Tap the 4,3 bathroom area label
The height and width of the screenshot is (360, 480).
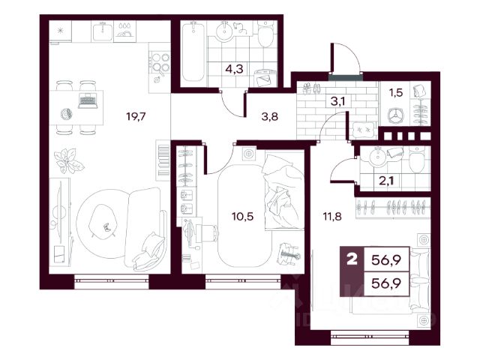point(234,69)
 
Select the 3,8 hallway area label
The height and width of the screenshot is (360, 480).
point(270,116)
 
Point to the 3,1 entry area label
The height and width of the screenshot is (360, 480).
point(337,100)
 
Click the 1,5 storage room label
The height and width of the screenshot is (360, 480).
point(395,92)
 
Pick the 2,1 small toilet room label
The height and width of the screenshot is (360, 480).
point(386,181)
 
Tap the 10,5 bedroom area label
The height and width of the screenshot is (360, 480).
point(243,217)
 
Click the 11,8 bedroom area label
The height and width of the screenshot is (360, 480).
point(332,217)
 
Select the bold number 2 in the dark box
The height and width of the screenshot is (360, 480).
point(352,260)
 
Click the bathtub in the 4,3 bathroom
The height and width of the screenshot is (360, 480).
point(193,52)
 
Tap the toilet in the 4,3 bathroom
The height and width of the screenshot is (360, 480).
point(265,34)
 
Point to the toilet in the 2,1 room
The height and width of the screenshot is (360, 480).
point(416,159)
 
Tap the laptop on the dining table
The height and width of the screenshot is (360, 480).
point(88,100)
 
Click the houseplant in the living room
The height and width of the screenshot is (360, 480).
point(69,160)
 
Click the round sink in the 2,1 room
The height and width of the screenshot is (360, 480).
point(377,157)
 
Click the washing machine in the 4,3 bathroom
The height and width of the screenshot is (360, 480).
point(265,78)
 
